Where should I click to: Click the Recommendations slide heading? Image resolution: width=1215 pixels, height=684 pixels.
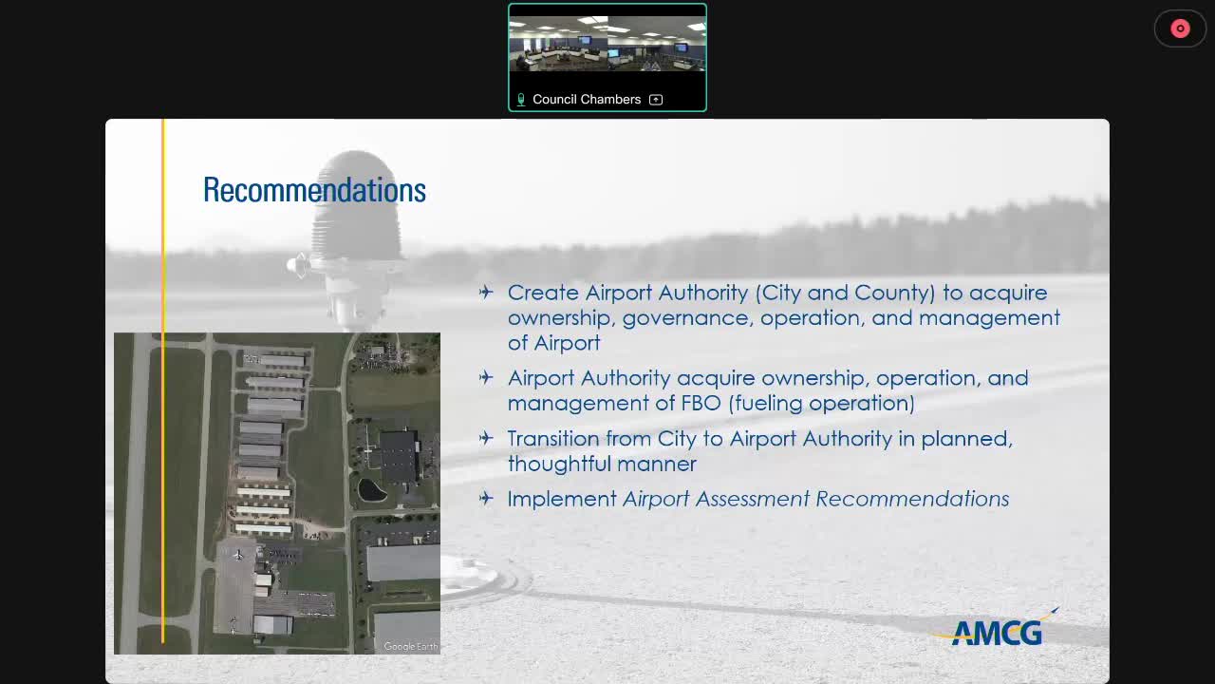point(314,190)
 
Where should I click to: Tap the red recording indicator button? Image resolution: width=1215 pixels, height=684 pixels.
point(1180,28)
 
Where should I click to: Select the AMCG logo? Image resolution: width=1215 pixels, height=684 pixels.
point(997,631)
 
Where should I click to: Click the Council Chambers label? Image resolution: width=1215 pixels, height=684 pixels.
point(587,99)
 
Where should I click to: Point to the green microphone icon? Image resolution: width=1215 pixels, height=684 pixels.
point(520,100)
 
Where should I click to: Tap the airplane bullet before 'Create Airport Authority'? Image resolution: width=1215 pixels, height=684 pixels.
point(486,293)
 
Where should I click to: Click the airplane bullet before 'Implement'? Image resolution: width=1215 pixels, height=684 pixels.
point(486,498)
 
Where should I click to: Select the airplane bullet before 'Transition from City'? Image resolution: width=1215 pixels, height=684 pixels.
point(486,438)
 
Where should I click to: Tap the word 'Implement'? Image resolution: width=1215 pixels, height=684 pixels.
point(562,499)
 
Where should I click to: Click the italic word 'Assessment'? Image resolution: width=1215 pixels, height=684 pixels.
point(752,499)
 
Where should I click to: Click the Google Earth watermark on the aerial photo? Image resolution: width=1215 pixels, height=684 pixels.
point(411,647)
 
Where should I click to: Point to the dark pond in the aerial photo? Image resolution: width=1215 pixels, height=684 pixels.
point(372,490)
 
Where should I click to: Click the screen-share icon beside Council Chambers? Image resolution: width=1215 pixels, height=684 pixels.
point(656,100)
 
